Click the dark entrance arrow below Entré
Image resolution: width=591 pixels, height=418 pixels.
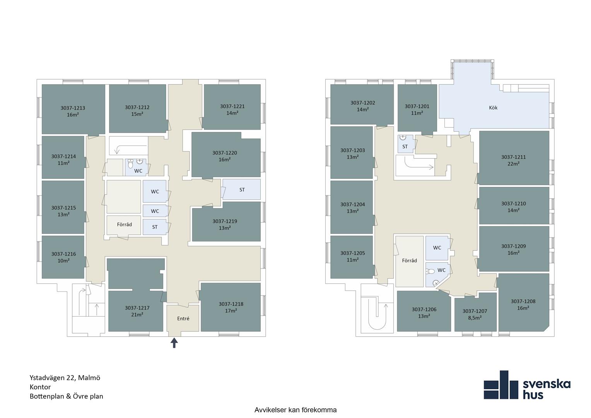pos(174,343)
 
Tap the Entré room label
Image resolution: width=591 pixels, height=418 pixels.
pos(183,319)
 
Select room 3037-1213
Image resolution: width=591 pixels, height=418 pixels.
pos(73,109)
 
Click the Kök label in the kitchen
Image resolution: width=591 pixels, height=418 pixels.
pos(493,108)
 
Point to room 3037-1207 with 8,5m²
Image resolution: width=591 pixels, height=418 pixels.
pos(475,312)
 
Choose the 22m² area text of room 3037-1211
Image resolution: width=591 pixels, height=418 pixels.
pos(513,164)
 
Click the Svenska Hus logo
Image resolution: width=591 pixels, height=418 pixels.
pos(527,385)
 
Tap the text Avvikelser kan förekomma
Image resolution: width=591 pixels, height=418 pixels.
pos(295,410)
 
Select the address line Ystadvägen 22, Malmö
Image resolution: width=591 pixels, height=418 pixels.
pos(65,378)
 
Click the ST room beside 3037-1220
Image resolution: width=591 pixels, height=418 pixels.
pos(242,189)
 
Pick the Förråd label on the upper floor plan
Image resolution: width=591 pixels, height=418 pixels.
pos(410,260)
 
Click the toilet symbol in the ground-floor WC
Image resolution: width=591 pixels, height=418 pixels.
pos(131,164)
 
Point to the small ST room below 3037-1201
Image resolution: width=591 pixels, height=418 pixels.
pos(405,144)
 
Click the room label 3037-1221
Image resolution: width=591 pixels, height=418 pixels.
pos(232,106)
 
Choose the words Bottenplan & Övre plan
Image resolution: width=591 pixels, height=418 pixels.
pos(67,396)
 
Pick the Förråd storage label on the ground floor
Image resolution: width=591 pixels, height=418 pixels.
pos(124,224)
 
